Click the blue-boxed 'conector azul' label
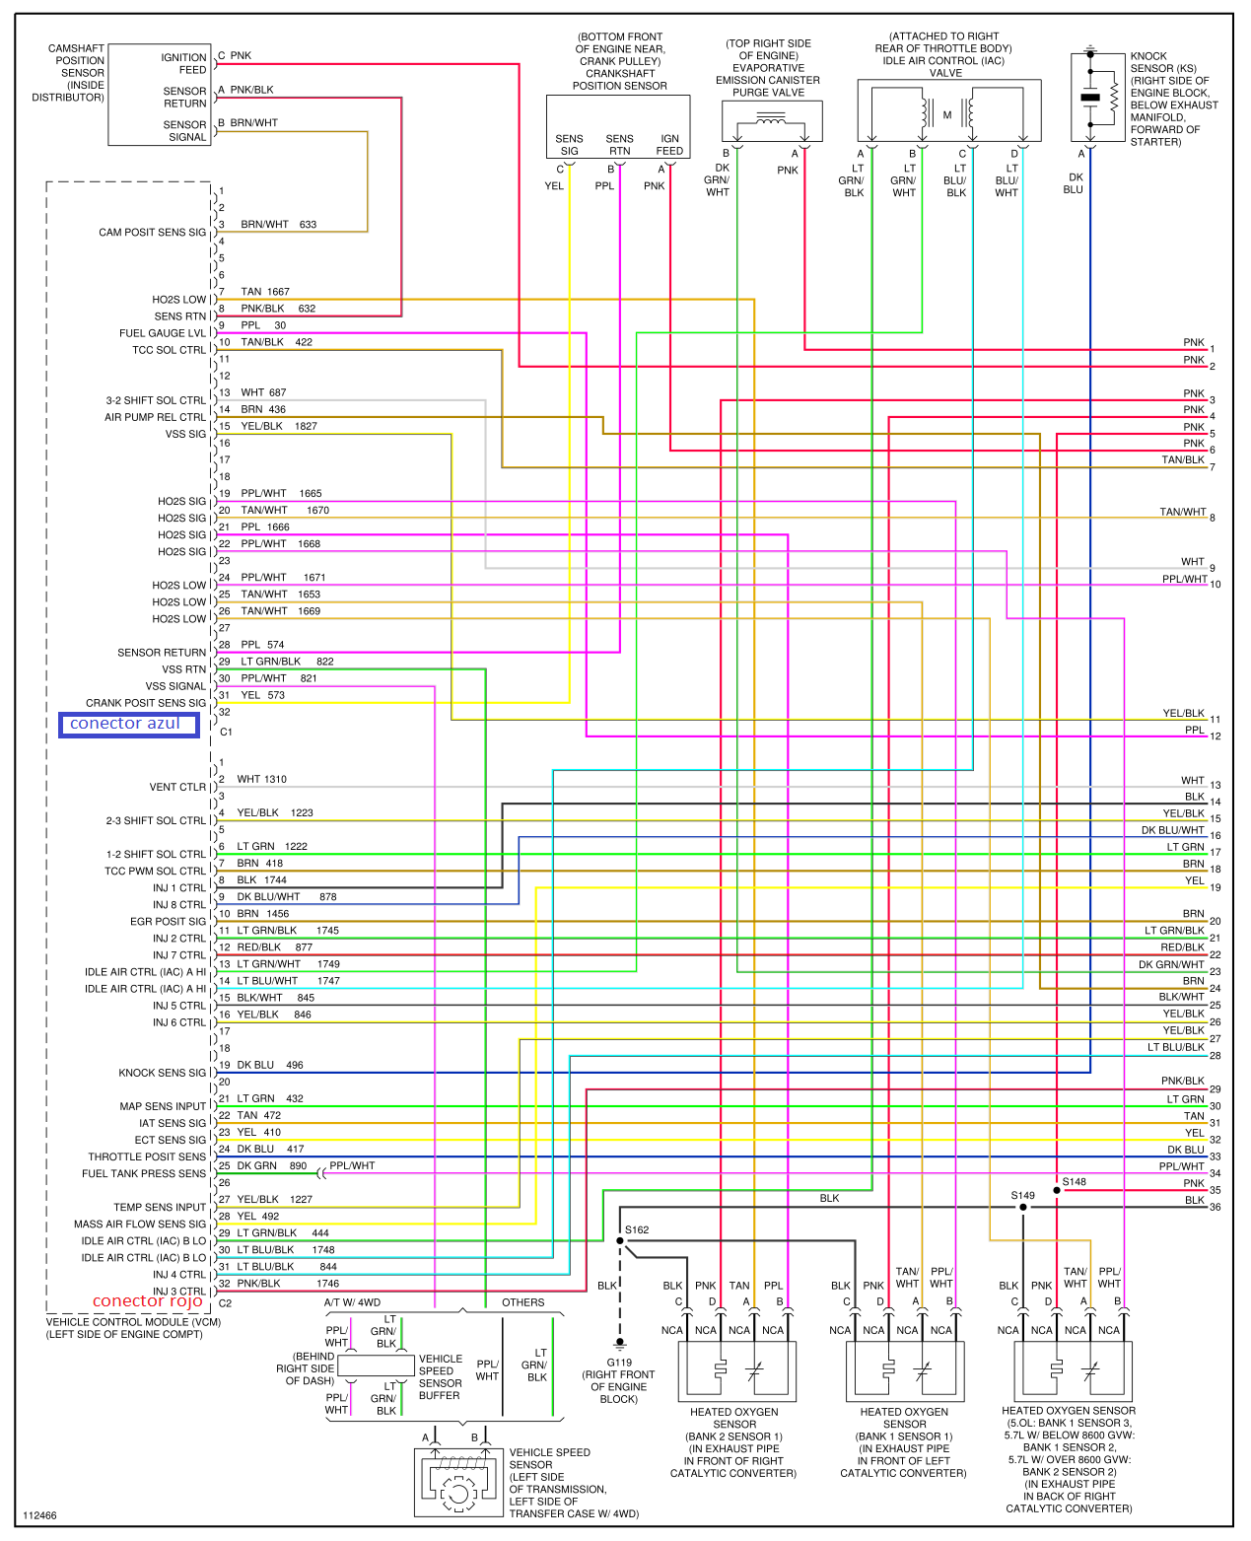128,725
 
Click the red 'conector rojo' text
148,1301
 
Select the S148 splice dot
1057,1190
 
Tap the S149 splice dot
1023,1207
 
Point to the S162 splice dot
620,1240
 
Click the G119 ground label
619,1363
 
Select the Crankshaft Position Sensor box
618,126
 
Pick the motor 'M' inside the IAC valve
946,115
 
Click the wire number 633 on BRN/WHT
308,225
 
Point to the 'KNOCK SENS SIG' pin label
163,1073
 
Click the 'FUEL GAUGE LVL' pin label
163,333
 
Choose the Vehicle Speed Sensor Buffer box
376,1366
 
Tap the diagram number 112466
39,1515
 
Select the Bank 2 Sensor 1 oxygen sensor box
736,1370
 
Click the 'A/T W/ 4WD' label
352,1302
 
